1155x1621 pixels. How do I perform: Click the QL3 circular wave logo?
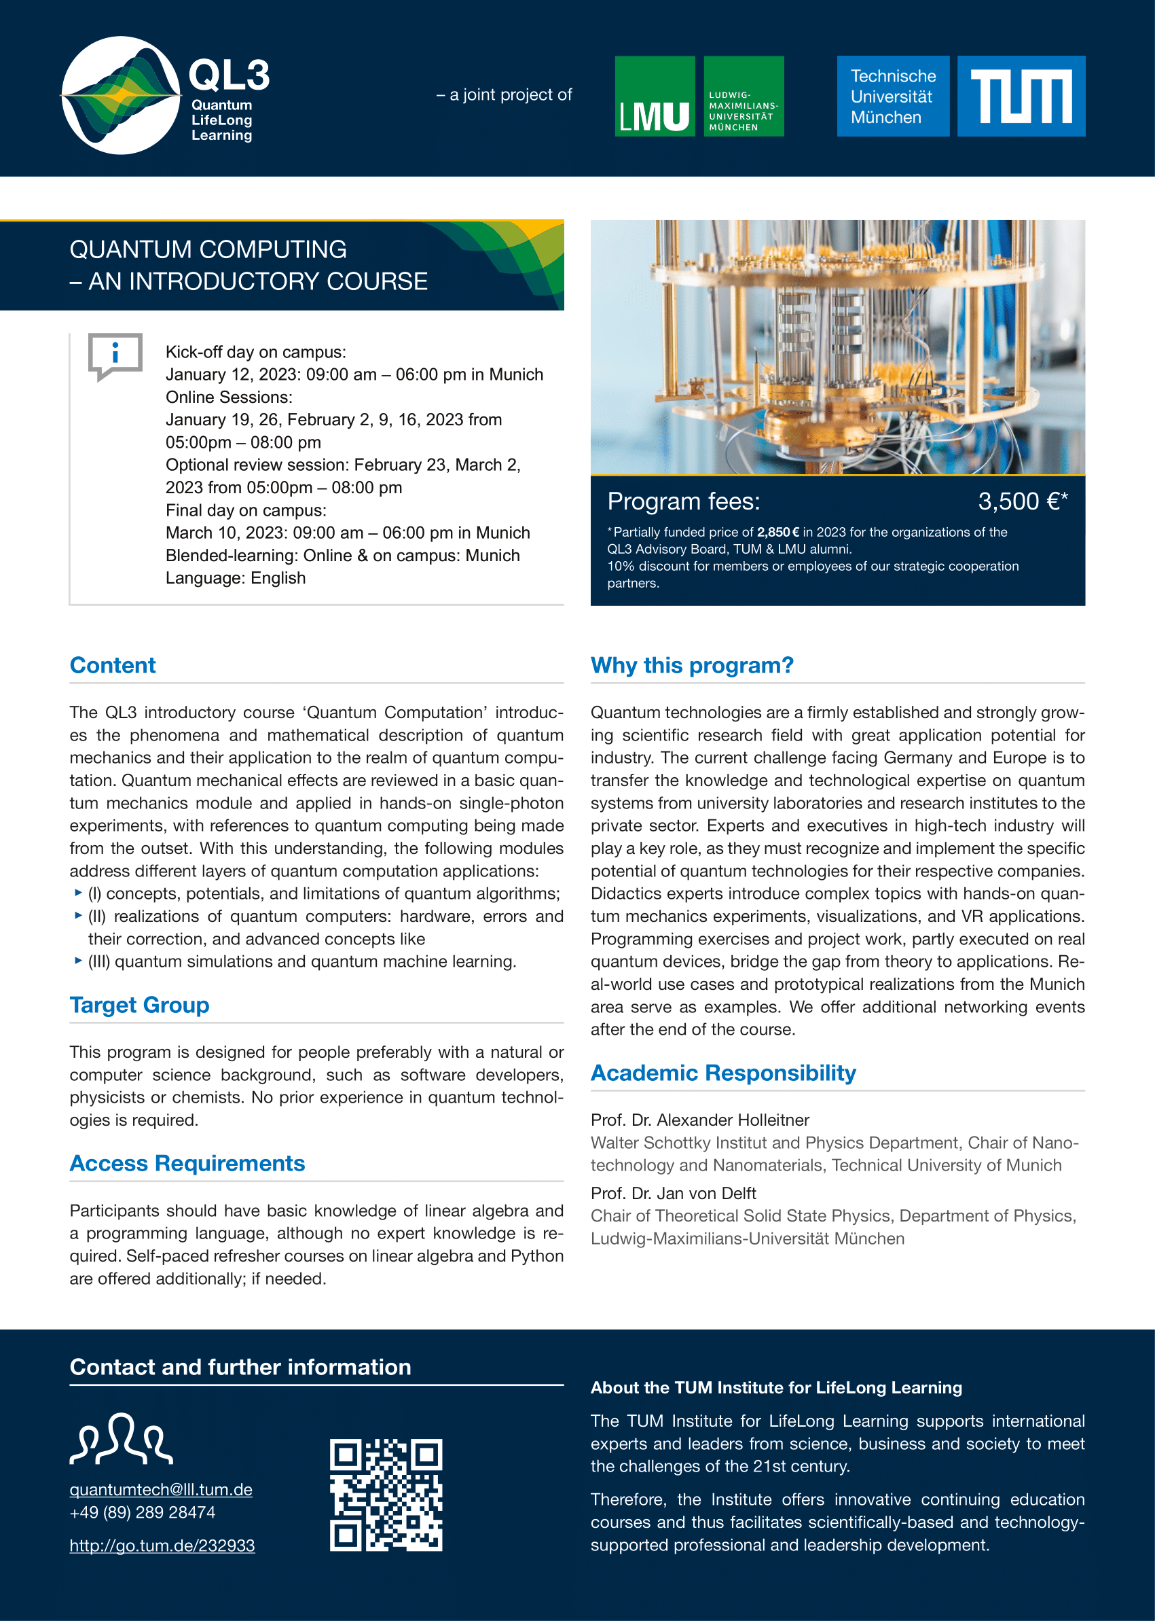click(x=120, y=95)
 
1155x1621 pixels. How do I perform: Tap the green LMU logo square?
click(x=655, y=96)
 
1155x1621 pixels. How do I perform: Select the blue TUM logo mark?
click(x=1021, y=96)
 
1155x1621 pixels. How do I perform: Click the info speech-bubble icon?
click(x=115, y=355)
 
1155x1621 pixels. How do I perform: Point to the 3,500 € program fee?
click(x=1021, y=501)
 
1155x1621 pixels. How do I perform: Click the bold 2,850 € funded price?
click(x=777, y=532)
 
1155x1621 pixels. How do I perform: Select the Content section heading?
click(x=112, y=665)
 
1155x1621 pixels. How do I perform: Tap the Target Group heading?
click(x=139, y=1005)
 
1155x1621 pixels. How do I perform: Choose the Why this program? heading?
click(x=691, y=665)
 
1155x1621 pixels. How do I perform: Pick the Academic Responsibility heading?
click(x=722, y=1072)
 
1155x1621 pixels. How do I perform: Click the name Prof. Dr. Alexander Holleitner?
click(x=700, y=1120)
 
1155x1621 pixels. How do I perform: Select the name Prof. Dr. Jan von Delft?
click(x=673, y=1194)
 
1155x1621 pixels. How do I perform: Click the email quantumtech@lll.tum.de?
click(x=161, y=1489)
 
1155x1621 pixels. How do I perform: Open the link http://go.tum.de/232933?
click(x=162, y=1546)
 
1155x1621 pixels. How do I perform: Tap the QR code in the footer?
click(x=386, y=1495)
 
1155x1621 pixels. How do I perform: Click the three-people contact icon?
click(x=121, y=1439)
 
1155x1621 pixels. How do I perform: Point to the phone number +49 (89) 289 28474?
click(x=142, y=1512)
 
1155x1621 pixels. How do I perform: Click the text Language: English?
click(x=236, y=577)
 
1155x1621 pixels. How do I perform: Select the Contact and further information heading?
click(x=240, y=1367)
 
